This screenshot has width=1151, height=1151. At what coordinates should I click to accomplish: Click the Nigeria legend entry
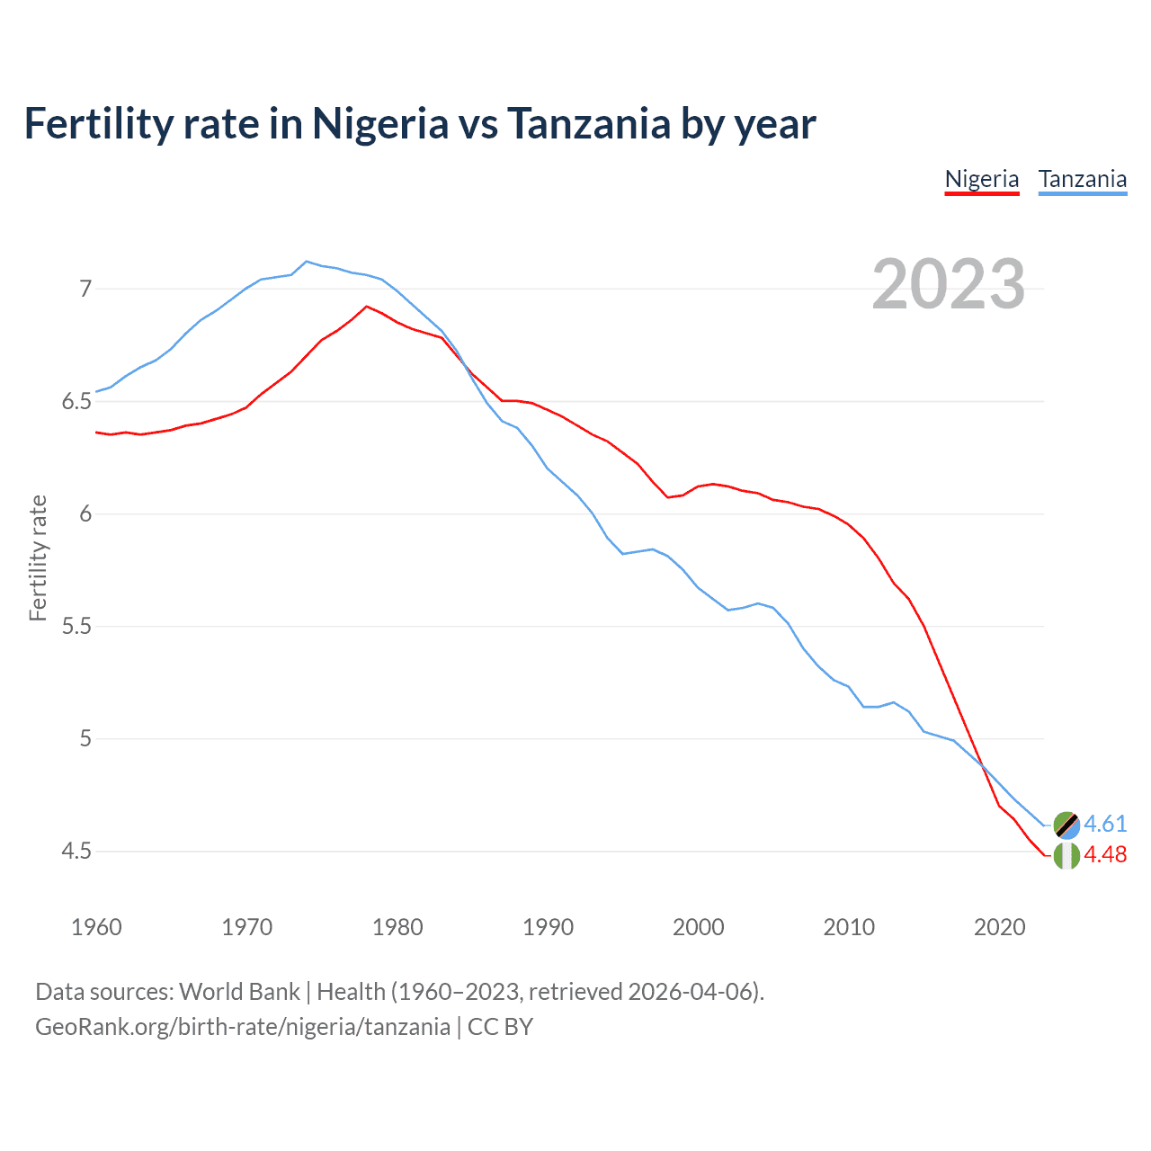(x=981, y=179)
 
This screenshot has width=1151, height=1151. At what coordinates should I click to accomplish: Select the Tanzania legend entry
(x=1083, y=179)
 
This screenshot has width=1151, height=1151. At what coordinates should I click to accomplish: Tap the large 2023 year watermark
(x=949, y=284)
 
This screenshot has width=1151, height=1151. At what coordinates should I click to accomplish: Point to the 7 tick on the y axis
(x=85, y=289)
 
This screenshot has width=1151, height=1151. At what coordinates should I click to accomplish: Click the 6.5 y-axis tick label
(x=76, y=401)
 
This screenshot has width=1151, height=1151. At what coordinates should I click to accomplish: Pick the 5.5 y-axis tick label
(x=76, y=626)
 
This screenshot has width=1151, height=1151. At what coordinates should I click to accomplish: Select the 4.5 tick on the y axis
(x=76, y=851)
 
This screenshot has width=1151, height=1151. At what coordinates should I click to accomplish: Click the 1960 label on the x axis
(x=96, y=927)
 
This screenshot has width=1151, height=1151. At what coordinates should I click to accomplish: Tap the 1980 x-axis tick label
(x=397, y=927)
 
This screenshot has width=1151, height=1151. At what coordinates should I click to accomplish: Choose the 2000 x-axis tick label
(x=698, y=927)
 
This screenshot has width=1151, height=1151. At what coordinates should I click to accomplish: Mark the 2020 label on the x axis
(x=999, y=927)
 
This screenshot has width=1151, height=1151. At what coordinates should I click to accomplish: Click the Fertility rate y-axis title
(x=38, y=558)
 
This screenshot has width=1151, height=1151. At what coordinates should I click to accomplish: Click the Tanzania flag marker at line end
(x=1066, y=824)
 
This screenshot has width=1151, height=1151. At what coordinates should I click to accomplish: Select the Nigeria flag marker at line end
(x=1066, y=855)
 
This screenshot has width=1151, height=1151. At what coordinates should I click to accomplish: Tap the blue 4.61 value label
(x=1105, y=824)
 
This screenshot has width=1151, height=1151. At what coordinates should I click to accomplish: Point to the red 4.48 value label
(x=1105, y=854)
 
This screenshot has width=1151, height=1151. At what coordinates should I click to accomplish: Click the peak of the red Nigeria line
(x=366, y=306)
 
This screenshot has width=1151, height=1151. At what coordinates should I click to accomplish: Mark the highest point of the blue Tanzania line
(x=307, y=261)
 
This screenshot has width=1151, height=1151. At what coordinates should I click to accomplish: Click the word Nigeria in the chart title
(x=379, y=123)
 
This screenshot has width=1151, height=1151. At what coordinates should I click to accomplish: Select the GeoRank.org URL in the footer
(x=243, y=1026)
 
